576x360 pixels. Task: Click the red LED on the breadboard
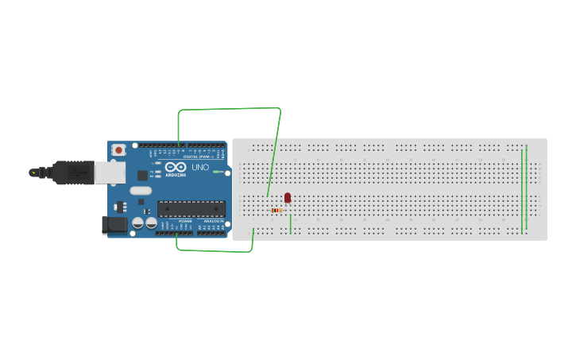pyautogui.click(x=288, y=197)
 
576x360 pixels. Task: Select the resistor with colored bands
pyautogui.click(x=277, y=211)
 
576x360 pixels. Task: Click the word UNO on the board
pyautogui.click(x=200, y=168)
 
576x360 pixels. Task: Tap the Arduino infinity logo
pyautogui.click(x=176, y=167)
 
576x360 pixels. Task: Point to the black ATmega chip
pyautogui.click(x=191, y=209)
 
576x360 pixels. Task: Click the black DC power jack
pyautogui.click(x=116, y=225)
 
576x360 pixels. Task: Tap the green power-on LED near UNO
pyautogui.click(x=216, y=172)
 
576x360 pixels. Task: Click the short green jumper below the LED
pyautogui.click(x=291, y=224)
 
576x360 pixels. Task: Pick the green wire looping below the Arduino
pyautogui.click(x=215, y=250)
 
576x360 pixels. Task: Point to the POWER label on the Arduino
pyautogui.click(x=185, y=221)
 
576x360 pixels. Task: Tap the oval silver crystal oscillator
pyautogui.click(x=141, y=190)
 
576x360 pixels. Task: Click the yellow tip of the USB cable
pyautogui.click(x=33, y=172)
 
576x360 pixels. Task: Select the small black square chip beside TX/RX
pyautogui.click(x=142, y=175)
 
